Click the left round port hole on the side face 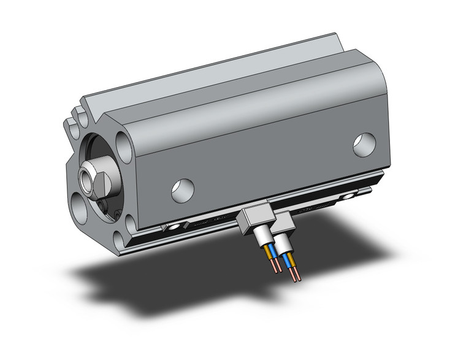tap(183, 191)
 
